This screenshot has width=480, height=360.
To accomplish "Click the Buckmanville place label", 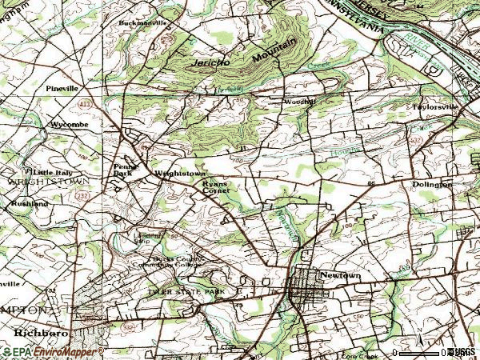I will pos(145,23).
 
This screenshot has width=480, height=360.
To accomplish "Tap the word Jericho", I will pos(210,62).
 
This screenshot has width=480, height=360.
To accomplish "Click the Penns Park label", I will pos(123,170).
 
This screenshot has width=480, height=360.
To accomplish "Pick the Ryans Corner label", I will pos(214,187).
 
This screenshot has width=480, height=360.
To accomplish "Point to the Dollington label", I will pos(432,184).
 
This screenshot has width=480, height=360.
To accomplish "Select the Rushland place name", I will pos(30,204).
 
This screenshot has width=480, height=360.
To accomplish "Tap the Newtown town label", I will pos(337,274).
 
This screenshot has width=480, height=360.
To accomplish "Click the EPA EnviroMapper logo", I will pos(53,352).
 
